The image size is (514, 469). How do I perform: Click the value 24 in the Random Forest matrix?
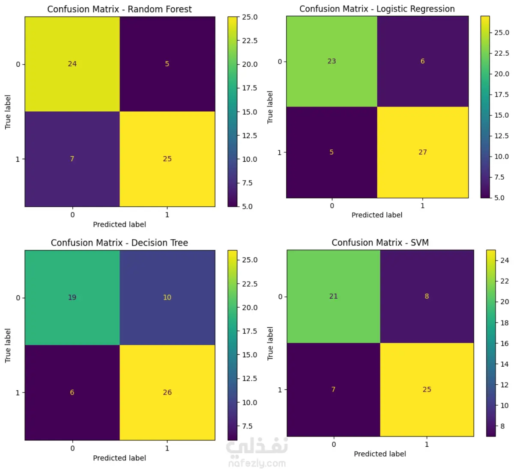tap(72, 64)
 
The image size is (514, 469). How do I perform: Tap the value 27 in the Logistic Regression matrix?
tap(422, 152)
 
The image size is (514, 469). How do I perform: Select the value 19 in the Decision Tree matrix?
tap(72, 297)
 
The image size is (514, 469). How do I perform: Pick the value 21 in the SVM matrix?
tap(333, 296)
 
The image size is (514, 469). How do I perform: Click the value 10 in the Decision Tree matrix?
tap(167, 297)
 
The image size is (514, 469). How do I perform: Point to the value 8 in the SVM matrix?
tap(427, 296)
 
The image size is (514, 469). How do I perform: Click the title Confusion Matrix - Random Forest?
tap(120, 9)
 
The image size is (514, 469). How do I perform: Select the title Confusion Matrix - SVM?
tap(380, 243)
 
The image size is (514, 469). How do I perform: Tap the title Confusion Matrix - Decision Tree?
tap(120, 243)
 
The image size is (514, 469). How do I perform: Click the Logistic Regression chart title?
tap(377, 9)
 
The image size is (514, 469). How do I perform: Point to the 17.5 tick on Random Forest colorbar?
tap(250, 88)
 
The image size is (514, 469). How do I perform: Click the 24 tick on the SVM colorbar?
tap(505, 260)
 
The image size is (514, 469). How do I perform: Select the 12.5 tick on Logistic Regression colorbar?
tap(502, 136)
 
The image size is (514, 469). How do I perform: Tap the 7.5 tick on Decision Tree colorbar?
tap(248, 426)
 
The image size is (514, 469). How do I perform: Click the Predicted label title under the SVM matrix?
tap(380, 454)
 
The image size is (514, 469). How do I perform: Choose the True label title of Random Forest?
tap(8, 112)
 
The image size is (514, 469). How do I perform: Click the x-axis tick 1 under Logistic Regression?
tap(422, 206)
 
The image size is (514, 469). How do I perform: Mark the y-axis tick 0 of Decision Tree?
tap(18, 298)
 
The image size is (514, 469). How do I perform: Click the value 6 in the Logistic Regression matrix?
tap(422, 61)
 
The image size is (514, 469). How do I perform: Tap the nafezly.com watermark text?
tap(257, 463)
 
